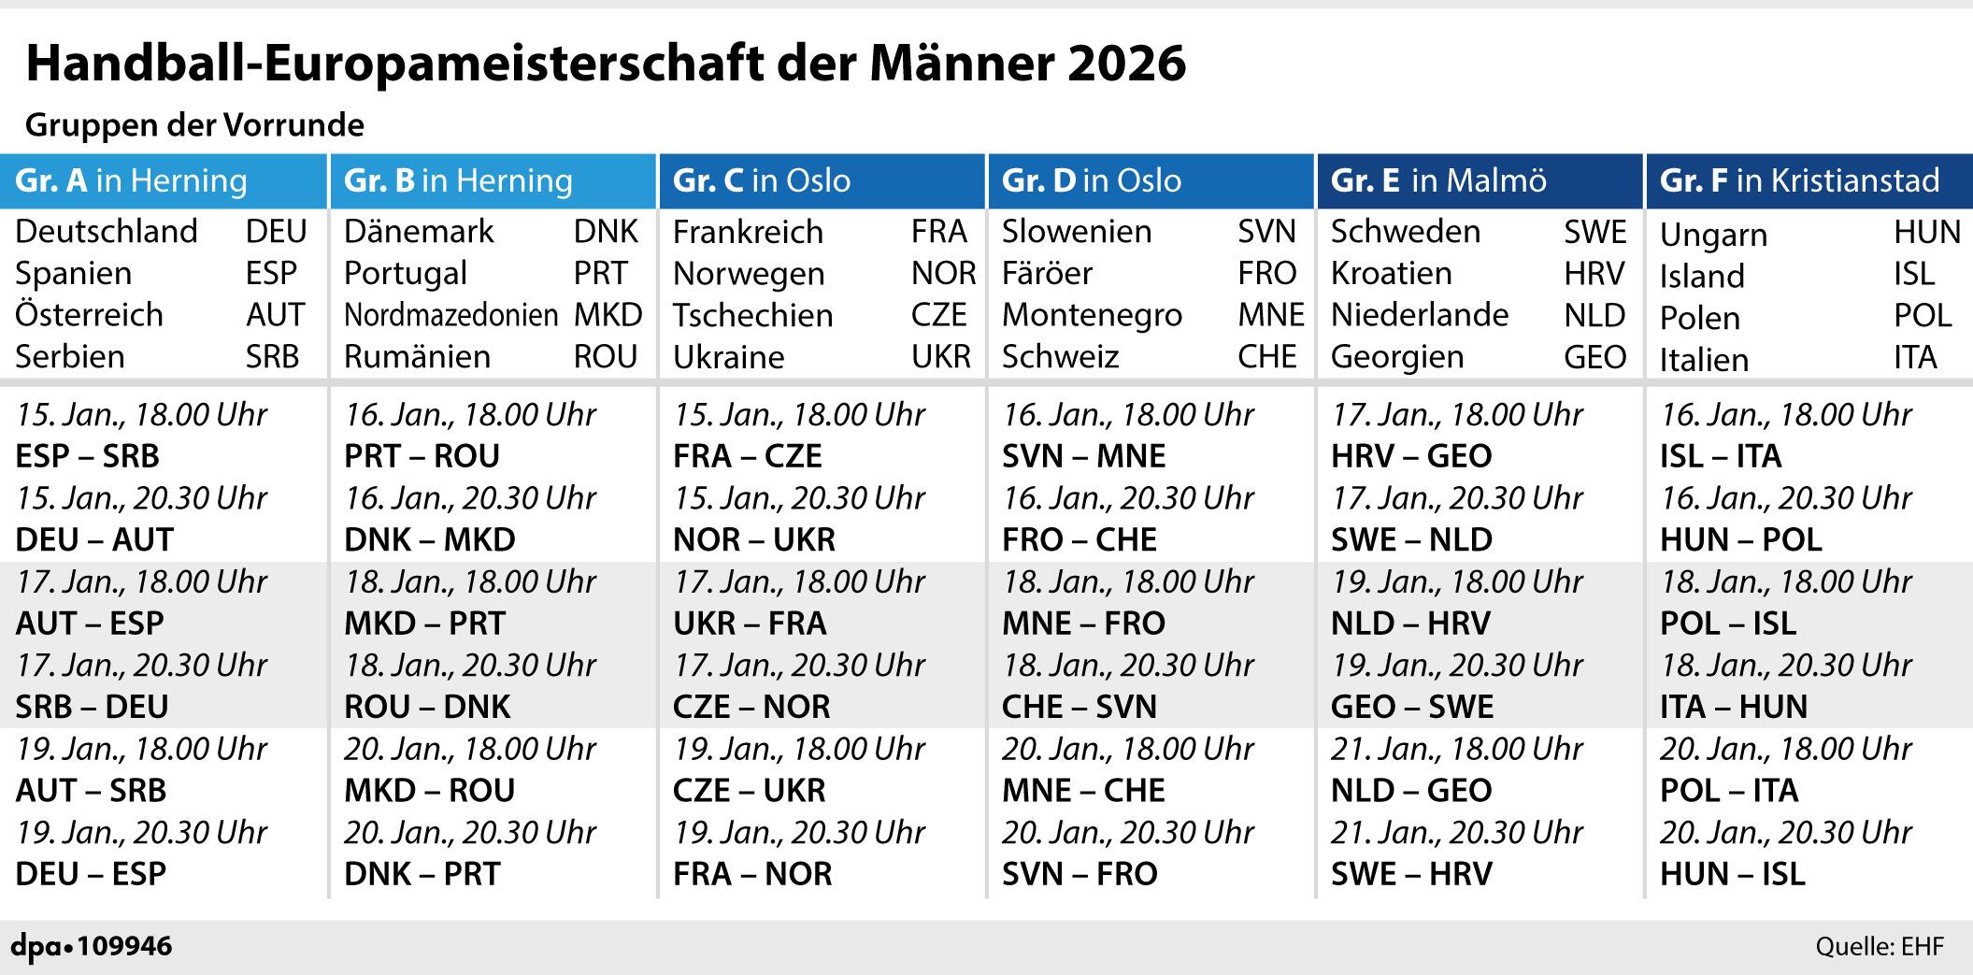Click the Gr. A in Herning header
131,180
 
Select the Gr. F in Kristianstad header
1799,180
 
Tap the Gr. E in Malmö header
1438,180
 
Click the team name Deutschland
107,232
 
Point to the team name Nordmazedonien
451,315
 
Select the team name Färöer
1047,274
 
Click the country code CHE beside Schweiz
1266,357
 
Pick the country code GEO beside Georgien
1594,357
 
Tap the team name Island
1702,277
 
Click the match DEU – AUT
94,539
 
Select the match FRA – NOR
752,874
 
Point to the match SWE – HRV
1411,874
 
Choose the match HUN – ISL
1732,874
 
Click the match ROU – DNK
427,707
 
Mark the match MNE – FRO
1083,624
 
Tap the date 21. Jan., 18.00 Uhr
1456,749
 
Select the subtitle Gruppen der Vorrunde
194,125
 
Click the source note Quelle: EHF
1879,947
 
